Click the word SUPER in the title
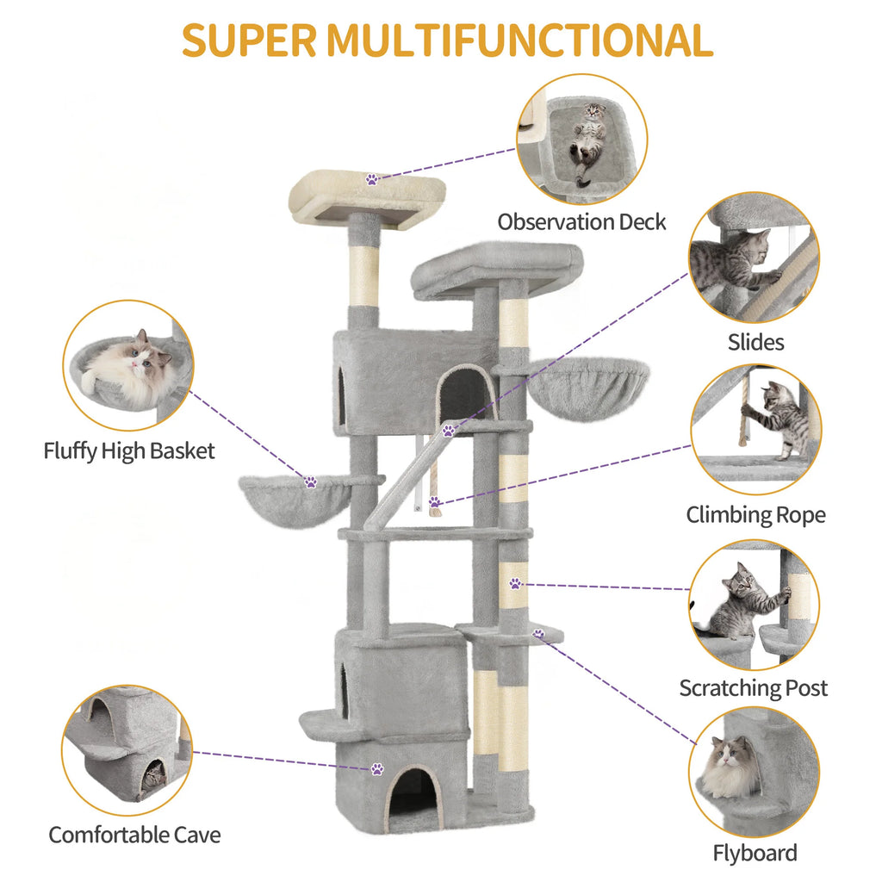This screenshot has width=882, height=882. click(x=249, y=40)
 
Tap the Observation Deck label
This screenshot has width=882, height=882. click(x=581, y=222)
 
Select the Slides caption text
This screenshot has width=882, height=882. click(x=755, y=342)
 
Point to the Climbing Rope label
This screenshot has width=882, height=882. click(x=755, y=515)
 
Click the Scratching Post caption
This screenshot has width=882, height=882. click(x=753, y=688)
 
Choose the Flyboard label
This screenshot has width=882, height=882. click(x=755, y=854)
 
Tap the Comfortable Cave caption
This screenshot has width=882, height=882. click(x=134, y=835)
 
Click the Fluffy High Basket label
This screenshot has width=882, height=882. click(x=129, y=451)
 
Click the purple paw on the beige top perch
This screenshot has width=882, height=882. click(x=372, y=179)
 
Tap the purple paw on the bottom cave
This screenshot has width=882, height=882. click(x=377, y=768)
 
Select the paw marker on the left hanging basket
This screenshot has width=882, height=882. click(x=310, y=481)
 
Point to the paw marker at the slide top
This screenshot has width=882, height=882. click(x=448, y=431)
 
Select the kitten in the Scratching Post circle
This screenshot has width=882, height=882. click(x=742, y=602)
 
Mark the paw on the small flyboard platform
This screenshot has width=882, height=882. click(x=538, y=634)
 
